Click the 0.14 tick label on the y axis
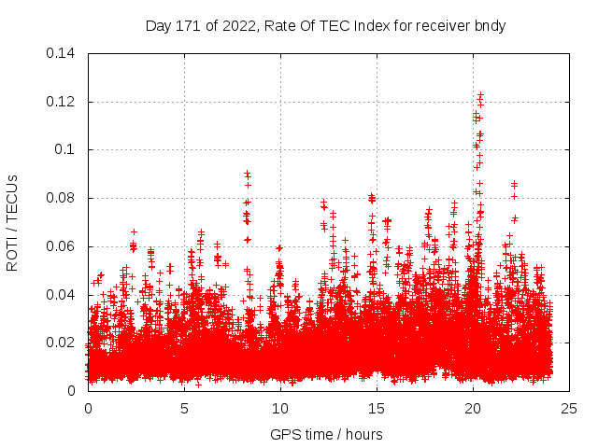pos(62,53)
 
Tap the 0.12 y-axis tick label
pos(62,102)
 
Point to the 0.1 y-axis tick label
pos(65,149)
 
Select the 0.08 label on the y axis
pos(62,198)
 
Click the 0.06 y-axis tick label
pos(62,246)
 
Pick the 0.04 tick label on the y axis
pos(62,295)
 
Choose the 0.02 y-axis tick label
pos(62,343)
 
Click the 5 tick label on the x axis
pos(184,409)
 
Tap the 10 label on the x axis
pos(280,409)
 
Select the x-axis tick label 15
pos(377,409)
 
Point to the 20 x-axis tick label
pos(473,409)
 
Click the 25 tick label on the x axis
pos(569,409)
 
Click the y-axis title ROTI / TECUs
pos(13,222)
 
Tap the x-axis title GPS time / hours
pos(326,434)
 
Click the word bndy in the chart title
pos(490,26)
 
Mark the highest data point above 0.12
pos(480,93)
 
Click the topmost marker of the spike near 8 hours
pos(247,173)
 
